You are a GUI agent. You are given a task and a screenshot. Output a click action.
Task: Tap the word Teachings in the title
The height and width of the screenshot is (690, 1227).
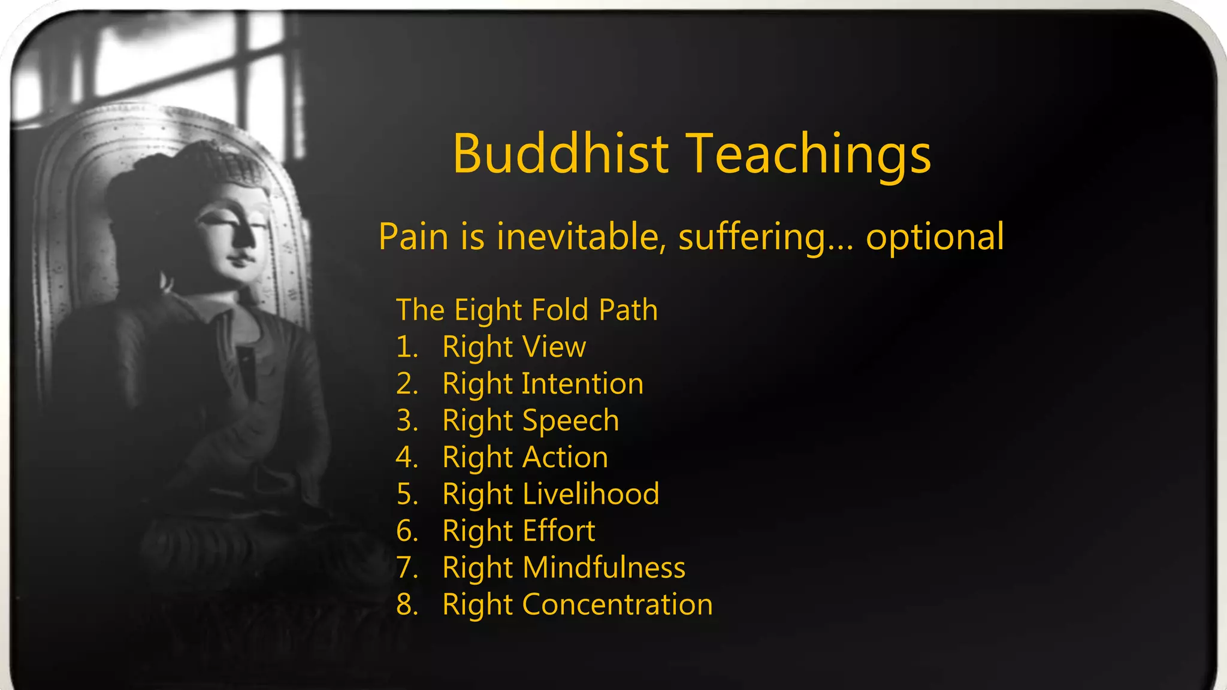click(x=808, y=155)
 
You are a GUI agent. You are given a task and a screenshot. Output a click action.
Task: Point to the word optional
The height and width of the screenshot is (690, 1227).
click(x=935, y=237)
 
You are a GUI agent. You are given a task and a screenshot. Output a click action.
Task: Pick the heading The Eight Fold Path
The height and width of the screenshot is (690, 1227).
click(x=527, y=310)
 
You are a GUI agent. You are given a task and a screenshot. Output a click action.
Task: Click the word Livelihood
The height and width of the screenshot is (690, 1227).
click(x=591, y=494)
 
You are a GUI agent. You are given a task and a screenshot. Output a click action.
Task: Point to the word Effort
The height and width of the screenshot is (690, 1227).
click(x=558, y=531)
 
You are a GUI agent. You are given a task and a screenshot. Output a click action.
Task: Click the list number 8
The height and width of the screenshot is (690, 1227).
click(x=406, y=604)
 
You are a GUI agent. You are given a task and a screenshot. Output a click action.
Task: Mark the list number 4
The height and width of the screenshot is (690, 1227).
click(x=406, y=457)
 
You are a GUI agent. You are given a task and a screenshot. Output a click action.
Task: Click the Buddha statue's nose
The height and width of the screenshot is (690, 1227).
click(x=246, y=237)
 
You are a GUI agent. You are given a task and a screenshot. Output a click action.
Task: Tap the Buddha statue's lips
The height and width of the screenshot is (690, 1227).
click(x=240, y=259)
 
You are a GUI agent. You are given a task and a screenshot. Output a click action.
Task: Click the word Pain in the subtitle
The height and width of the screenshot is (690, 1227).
click(x=413, y=236)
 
